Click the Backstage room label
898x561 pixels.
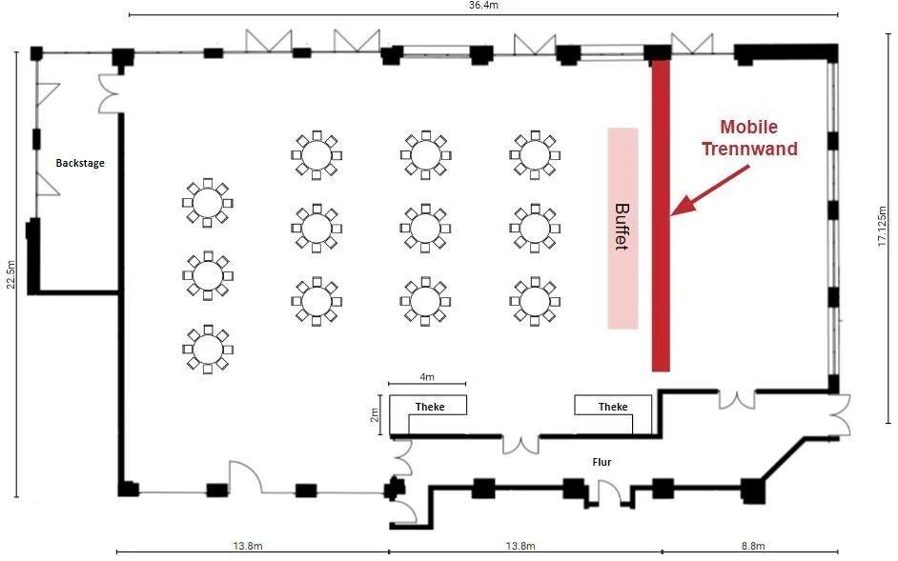tap(80, 163)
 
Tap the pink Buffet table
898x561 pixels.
tap(622, 228)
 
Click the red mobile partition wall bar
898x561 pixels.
tap(661, 214)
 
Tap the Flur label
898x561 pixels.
tap(601, 462)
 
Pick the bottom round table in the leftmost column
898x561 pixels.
tap(206, 349)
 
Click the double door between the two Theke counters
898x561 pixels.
tap(521, 443)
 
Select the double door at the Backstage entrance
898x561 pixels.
tap(109, 93)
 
